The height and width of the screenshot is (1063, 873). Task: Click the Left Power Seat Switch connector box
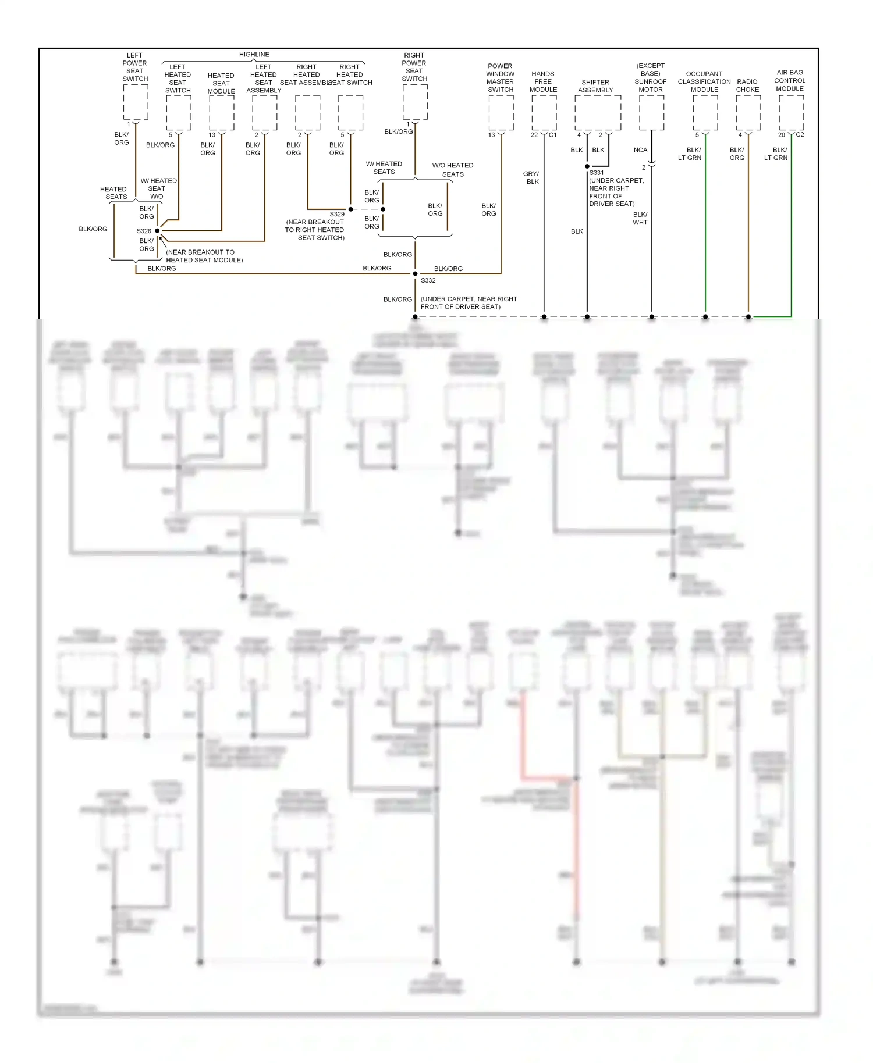tap(135, 102)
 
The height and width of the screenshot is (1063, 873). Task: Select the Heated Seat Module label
tap(221, 83)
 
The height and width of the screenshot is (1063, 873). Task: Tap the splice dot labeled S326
tap(157, 231)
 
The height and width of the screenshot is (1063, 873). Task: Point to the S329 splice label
tap(337, 214)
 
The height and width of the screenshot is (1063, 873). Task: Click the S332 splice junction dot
tap(415, 273)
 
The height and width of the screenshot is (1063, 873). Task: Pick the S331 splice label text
tap(597, 173)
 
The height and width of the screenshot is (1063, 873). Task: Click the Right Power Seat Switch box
tap(415, 102)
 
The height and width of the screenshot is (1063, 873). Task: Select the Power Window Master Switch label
tap(501, 78)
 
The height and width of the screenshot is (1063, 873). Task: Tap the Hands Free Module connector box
tap(544, 113)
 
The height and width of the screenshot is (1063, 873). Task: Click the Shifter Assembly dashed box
tap(598, 113)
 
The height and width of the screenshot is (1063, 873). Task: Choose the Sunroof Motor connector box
tap(651, 113)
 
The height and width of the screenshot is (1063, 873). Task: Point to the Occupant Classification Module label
tap(704, 81)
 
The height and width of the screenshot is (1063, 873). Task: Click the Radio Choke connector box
tap(748, 113)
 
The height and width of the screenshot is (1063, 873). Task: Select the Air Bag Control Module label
tap(790, 81)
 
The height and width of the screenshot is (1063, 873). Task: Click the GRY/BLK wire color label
tap(531, 177)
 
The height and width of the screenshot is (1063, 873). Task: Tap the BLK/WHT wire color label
tap(640, 218)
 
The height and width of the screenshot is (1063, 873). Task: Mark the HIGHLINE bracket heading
tap(254, 55)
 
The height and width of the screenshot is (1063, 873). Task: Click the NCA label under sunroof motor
tap(640, 150)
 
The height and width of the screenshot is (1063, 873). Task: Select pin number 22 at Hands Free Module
tap(534, 135)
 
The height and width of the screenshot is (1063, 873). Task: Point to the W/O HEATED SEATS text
tap(453, 170)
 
